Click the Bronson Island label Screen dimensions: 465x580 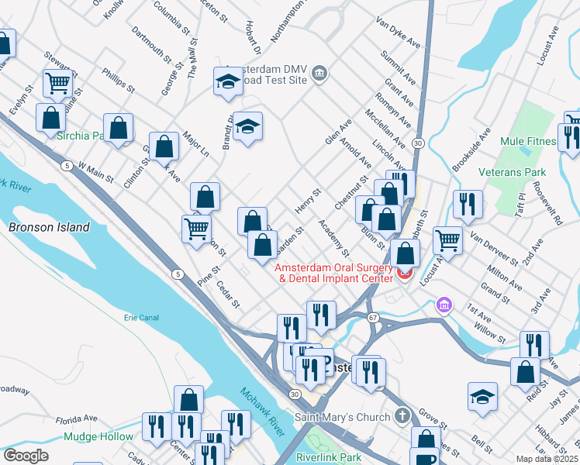[49, 227]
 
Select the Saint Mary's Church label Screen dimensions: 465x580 [343, 417]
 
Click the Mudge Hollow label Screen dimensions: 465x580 [98, 436]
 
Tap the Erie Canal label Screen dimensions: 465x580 [141, 317]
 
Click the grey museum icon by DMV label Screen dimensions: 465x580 [319, 74]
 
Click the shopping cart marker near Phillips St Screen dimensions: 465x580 [58, 82]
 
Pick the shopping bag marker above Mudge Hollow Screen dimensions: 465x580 [188, 400]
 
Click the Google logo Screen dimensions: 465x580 [26, 456]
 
